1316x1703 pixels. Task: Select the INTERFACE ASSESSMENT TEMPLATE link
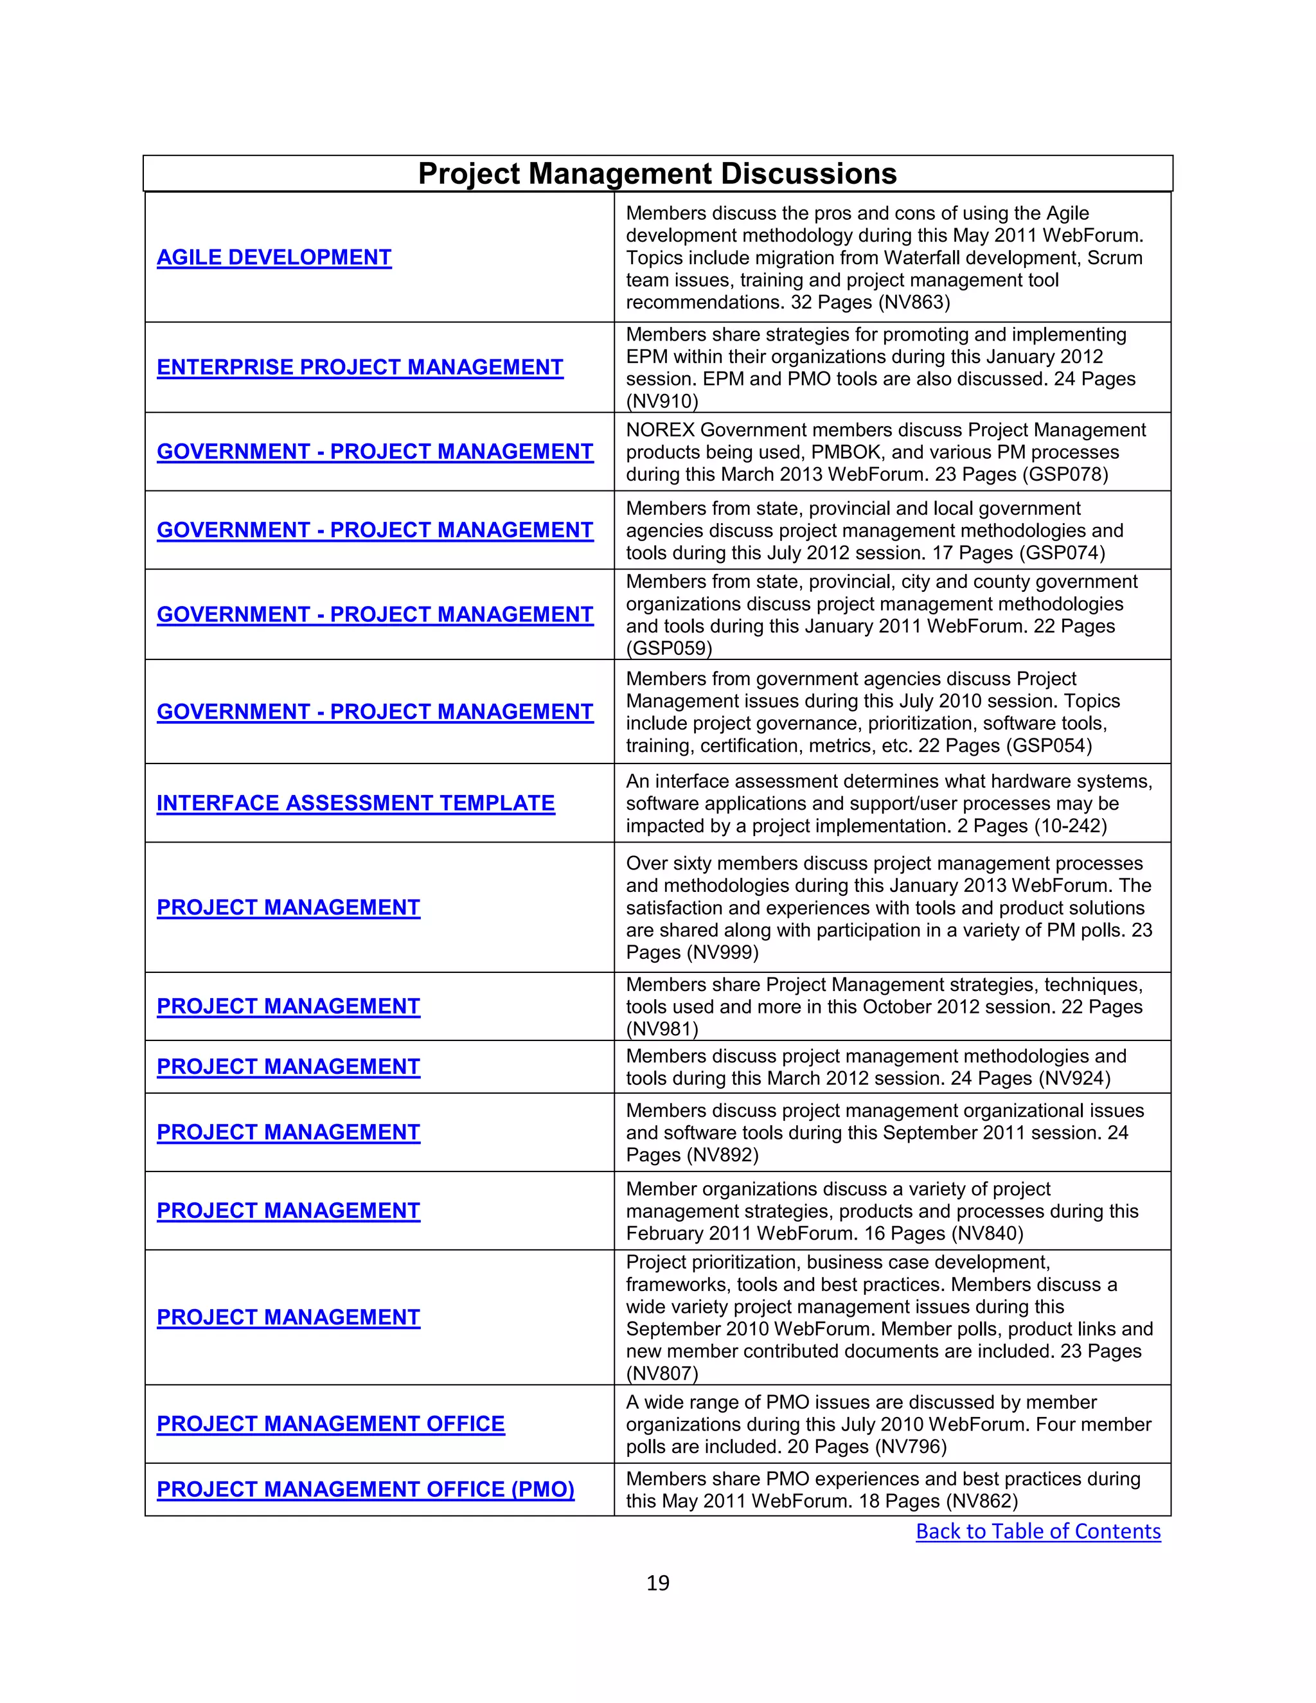point(355,803)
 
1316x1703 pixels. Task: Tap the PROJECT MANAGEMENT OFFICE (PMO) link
point(365,1490)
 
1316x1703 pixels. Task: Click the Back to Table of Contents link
point(1038,1531)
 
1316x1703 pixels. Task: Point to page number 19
point(657,1583)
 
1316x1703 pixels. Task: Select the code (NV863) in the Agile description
point(914,303)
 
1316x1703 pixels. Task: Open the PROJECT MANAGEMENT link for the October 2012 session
point(288,1006)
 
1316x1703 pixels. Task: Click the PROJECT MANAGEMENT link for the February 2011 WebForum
point(288,1211)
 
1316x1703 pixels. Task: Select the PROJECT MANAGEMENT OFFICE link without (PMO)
point(330,1424)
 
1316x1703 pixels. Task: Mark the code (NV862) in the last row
point(982,1501)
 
